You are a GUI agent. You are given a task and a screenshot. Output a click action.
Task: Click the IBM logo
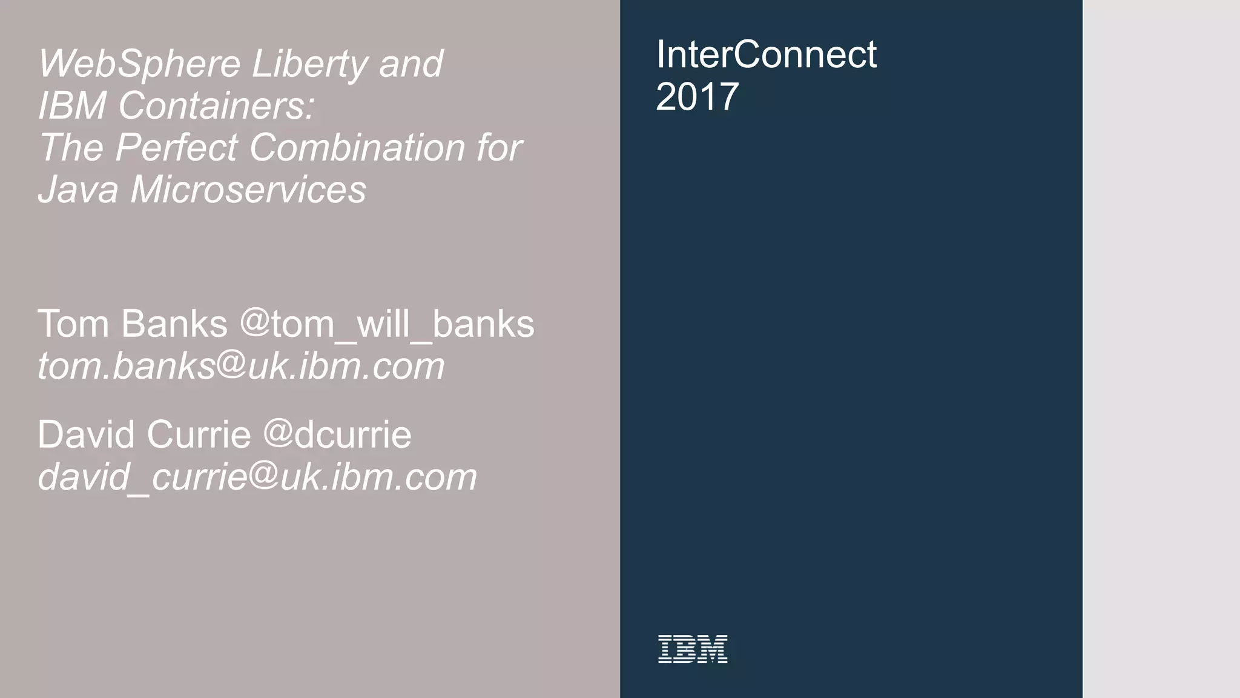coord(692,649)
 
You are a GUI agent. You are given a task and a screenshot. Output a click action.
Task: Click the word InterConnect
coord(766,55)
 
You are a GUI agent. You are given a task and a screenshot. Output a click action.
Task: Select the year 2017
coord(697,97)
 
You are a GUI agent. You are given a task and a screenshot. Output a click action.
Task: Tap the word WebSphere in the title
coord(139,64)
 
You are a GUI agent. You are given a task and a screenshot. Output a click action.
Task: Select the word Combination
coord(357,147)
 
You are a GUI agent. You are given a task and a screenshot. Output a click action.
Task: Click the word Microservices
coord(248,189)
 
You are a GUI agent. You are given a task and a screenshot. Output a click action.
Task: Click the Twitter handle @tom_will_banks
coord(387,324)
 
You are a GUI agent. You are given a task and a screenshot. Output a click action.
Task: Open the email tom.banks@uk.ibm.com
coord(241,367)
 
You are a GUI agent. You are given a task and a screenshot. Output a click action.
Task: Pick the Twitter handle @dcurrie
coord(337,434)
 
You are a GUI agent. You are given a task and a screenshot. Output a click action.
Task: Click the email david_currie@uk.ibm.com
coord(257,477)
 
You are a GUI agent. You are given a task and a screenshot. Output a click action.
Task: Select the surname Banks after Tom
coord(174,324)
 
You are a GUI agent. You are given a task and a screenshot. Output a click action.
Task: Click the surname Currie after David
coord(198,434)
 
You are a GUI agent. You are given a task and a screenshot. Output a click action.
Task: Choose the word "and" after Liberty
coord(411,64)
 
